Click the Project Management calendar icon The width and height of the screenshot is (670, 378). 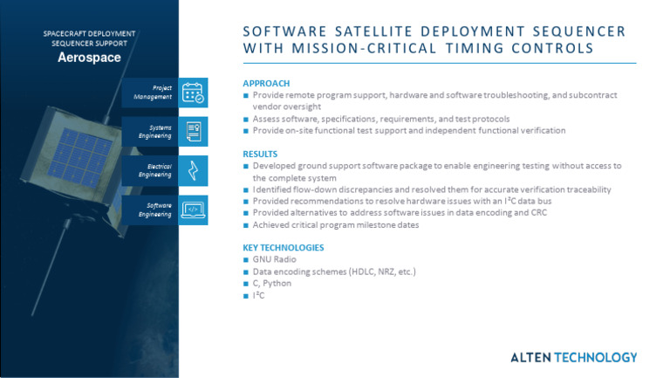click(x=193, y=93)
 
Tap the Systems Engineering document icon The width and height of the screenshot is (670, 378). click(x=193, y=131)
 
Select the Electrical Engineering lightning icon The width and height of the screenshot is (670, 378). click(x=193, y=169)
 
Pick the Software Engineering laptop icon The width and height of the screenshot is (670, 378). click(x=193, y=210)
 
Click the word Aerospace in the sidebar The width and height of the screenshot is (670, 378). click(x=89, y=58)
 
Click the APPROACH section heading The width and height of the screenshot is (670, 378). click(x=266, y=84)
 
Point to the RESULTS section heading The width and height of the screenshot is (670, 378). click(x=261, y=154)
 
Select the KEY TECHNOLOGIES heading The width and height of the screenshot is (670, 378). click(x=283, y=248)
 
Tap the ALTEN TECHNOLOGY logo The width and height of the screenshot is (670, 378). click(x=573, y=357)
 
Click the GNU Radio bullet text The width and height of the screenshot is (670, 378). click(x=274, y=260)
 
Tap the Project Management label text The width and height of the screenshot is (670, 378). click(x=153, y=93)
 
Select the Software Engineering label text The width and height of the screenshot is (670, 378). click(x=154, y=210)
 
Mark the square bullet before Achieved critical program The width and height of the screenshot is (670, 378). click(x=246, y=225)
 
